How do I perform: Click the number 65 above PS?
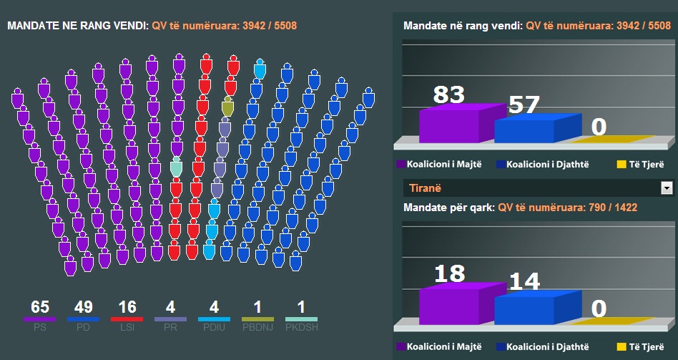click(x=40, y=308)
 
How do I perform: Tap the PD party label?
click(x=83, y=328)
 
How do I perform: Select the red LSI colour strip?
click(x=127, y=318)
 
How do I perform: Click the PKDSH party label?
click(x=301, y=328)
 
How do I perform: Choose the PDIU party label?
click(x=214, y=328)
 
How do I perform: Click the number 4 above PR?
click(x=170, y=308)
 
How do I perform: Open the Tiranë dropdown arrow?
click(x=667, y=188)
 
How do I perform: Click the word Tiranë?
click(x=423, y=188)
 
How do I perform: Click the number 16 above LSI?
click(x=127, y=308)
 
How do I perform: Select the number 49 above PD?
click(x=83, y=308)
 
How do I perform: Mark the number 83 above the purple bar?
click(x=448, y=94)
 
